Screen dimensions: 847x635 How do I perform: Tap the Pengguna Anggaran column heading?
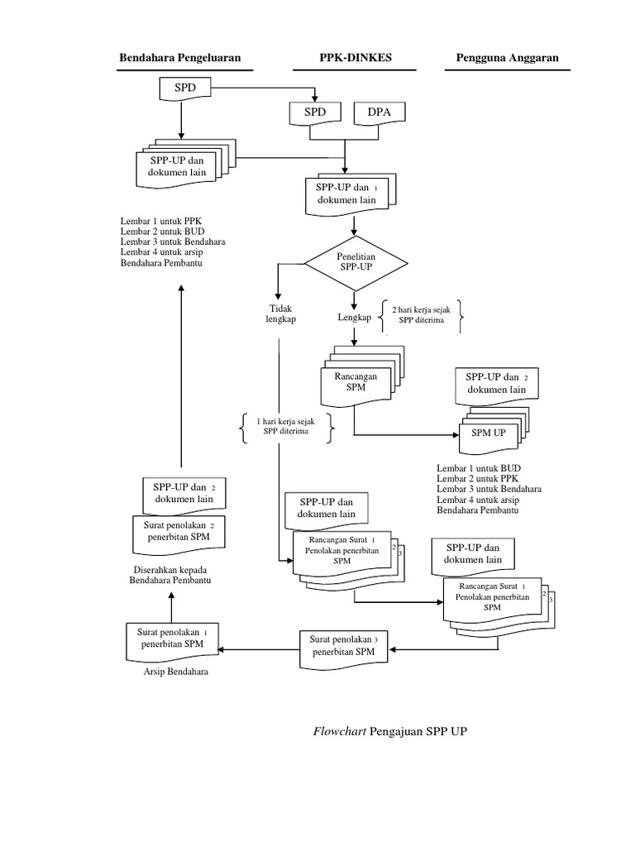coord(508,58)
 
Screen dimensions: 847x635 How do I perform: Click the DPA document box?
coord(379,113)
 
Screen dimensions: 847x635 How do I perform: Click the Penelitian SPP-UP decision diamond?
coord(356,263)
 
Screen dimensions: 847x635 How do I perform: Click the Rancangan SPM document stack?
coord(355,381)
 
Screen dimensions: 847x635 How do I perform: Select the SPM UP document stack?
coord(488,433)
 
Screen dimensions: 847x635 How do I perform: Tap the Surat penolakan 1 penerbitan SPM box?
coord(171,639)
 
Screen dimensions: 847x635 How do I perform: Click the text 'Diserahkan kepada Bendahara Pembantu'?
coord(171,576)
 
